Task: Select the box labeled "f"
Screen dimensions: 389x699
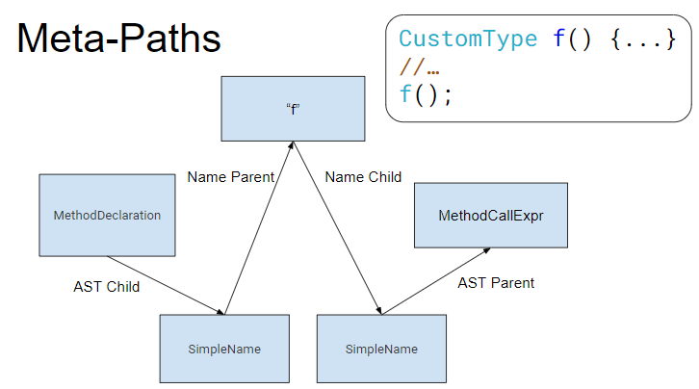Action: click(x=293, y=108)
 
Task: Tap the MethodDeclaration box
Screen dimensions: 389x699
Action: click(x=107, y=215)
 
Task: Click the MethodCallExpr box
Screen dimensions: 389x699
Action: click(x=490, y=215)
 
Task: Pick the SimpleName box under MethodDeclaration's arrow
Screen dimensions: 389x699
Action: click(x=224, y=349)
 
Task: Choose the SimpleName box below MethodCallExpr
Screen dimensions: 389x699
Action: click(x=381, y=349)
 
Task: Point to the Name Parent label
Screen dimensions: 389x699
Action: click(x=231, y=177)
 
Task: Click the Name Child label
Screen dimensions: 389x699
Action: click(x=363, y=177)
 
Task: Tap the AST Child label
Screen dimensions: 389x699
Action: click(x=106, y=287)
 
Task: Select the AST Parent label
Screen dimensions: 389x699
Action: click(x=496, y=283)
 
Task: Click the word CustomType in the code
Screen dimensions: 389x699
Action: click(x=468, y=39)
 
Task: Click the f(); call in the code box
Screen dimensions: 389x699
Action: click(x=425, y=94)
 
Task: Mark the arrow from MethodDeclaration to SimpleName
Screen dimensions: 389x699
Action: click(x=166, y=285)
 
